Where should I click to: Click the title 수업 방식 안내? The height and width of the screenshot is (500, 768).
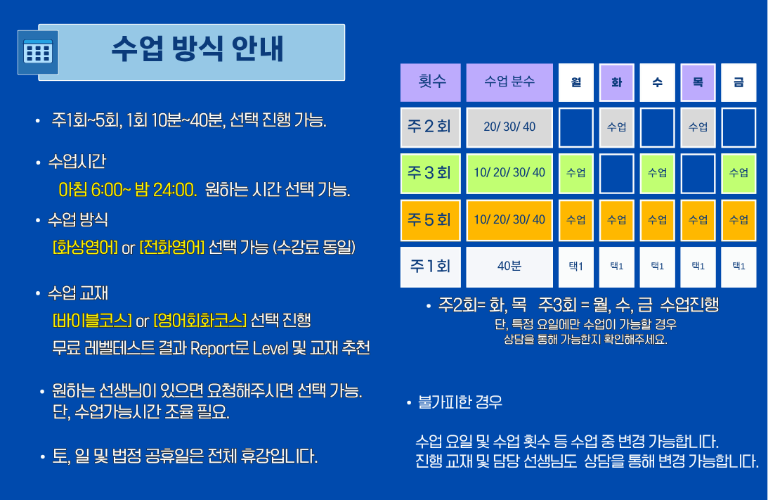click(x=197, y=49)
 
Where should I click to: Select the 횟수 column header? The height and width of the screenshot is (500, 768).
click(x=431, y=82)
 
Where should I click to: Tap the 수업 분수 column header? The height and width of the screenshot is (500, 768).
click(x=509, y=82)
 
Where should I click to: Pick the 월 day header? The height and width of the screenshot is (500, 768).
click(x=576, y=82)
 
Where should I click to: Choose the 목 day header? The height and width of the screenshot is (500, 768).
click(x=698, y=82)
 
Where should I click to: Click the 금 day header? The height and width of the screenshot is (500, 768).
click(x=738, y=82)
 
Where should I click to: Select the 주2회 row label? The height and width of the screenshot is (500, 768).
click(x=431, y=127)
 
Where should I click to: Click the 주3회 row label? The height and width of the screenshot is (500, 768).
click(x=431, y=173)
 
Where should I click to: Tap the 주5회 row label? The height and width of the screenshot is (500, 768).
click(x=431, y=219)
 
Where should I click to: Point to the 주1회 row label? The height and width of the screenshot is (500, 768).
click(x=431, y=267)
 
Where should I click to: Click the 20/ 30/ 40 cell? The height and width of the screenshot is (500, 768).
click(x=509, y=127)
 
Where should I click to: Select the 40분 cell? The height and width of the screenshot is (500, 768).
click(x=509, y=267)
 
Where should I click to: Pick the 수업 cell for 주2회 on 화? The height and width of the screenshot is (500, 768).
click(x=617, y=127)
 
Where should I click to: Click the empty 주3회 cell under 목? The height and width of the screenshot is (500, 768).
click(x=698, y=173)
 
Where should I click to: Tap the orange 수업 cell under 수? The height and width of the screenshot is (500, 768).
click(x=657, y=219)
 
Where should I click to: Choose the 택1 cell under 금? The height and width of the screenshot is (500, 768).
click(x=738, y=267)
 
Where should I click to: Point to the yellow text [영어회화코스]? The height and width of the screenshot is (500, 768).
click(x=200, y=321)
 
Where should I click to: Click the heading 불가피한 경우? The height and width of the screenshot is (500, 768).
click(x=460, y=403)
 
